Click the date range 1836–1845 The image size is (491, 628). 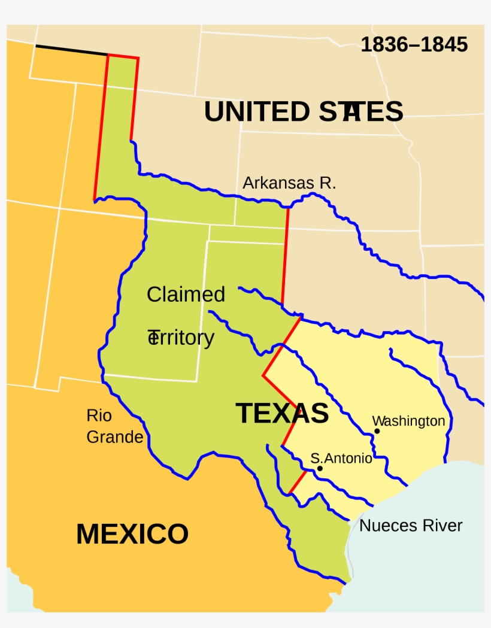[x=414, y=45]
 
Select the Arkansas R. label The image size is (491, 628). [x=289, y=183]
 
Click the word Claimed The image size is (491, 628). [x=186, y=295]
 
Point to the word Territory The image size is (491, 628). [x=181, y=338]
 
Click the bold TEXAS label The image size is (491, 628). [x=282, y=413]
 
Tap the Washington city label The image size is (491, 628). [x=409, y=421]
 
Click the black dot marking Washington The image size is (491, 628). [x=377, y=431]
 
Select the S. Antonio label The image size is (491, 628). [x=341, y=459]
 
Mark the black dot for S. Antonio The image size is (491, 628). [x=320, y=468]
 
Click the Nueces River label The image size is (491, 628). [x=411, y=526]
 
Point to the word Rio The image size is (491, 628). [x=99, y=415]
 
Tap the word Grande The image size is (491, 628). [x=115, y=437]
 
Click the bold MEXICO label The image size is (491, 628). [x=132, y=534]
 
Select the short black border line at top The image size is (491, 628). [x=72, y=50]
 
